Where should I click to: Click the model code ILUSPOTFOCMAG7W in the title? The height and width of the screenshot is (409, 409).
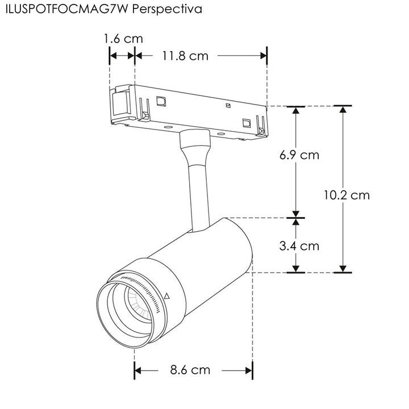[68, 10]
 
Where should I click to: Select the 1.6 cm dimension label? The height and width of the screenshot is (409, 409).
[123, 39]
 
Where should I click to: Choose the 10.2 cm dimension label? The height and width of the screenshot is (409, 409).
[347, 195]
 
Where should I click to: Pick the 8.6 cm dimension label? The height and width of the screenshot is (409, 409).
[190, 370]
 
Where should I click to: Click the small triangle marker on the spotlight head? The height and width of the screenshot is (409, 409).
[166, 297]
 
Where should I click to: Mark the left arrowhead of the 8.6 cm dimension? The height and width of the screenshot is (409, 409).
[138, 371]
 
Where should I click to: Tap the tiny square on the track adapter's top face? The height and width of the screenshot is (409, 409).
[227, 106]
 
